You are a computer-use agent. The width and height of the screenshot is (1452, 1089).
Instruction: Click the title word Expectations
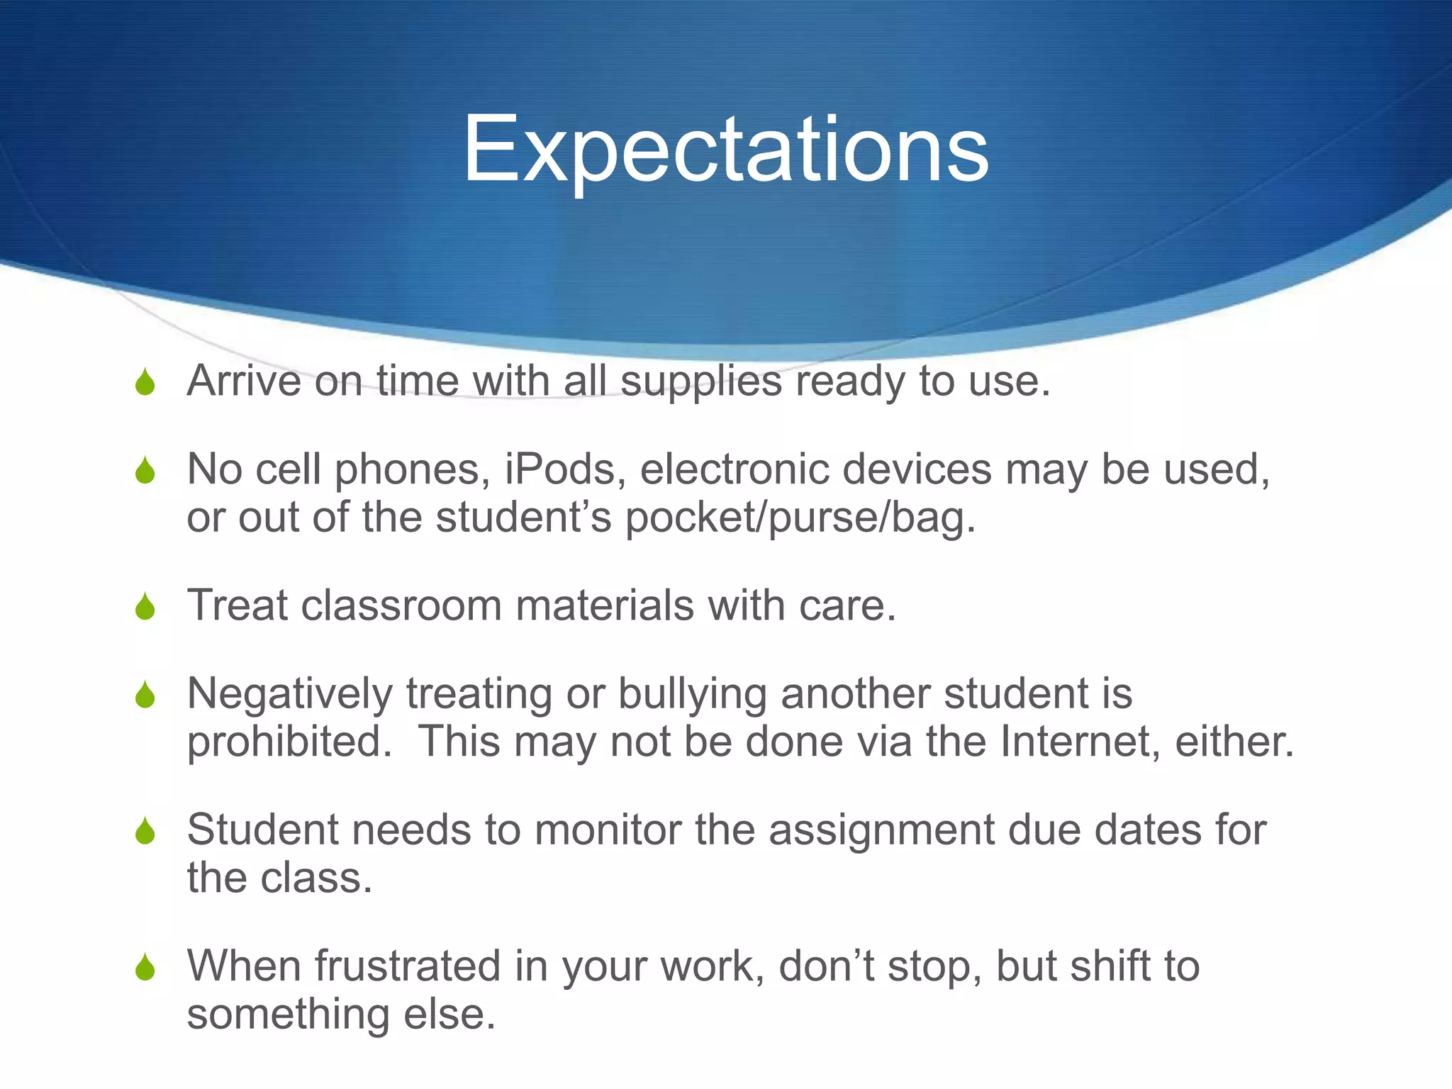[725, 150]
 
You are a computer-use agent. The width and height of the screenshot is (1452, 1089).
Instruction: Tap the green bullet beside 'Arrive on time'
[145, 384]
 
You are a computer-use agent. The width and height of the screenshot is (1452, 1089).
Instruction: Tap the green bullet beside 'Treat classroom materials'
[145, 608]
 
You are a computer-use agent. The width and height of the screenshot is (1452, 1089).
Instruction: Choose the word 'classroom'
[401, 606]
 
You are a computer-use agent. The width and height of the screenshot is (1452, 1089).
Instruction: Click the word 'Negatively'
[289, 695]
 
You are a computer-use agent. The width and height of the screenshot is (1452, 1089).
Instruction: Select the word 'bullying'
[692, 695]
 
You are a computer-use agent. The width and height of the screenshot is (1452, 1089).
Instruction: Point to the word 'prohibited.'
[289, 742]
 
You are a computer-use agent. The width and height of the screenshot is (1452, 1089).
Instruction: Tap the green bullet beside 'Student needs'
[145, 832]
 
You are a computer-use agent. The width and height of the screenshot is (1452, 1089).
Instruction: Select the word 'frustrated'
[408, 966]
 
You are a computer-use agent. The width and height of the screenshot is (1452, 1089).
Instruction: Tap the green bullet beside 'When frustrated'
[145, 968]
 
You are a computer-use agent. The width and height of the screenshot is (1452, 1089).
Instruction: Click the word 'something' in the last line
[288, 1015]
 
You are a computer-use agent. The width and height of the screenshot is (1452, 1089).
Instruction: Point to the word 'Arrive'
[244, 381]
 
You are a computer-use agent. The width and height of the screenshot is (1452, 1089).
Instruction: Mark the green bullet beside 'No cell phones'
[145, 471]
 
